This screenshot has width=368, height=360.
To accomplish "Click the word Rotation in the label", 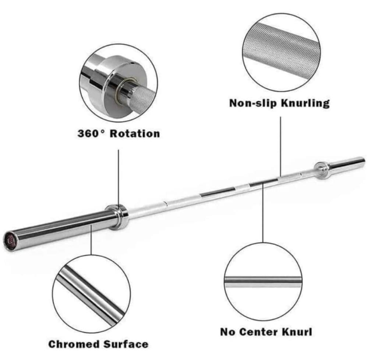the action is click(135, 133).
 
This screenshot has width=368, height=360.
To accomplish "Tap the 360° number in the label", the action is click(91, 133).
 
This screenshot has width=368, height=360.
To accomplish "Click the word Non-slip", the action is click(253, 103).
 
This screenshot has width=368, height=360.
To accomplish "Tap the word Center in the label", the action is click(259, 332).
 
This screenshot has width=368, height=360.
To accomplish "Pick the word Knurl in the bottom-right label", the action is click(297, 332).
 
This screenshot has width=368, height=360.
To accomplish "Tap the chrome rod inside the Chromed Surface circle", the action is click(91, 296).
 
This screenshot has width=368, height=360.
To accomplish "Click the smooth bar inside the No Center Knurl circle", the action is click(263, 280).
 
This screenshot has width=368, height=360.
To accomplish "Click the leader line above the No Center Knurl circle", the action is click(263, 212).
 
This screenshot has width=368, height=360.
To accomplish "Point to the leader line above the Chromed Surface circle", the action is click(91, 240).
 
